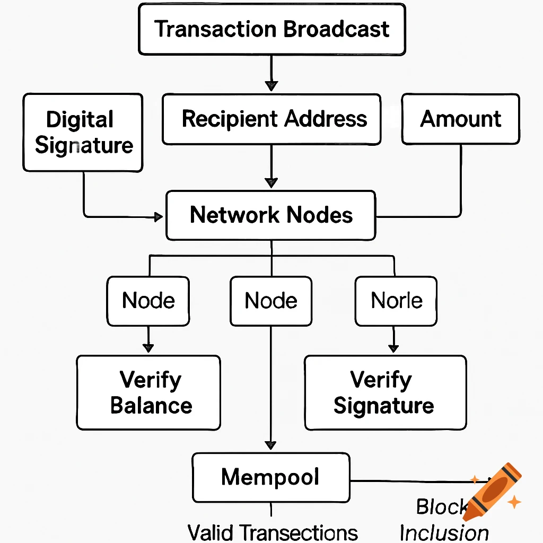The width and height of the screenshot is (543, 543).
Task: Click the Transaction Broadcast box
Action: pos(271,29)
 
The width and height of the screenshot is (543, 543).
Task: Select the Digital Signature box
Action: pos(83,133)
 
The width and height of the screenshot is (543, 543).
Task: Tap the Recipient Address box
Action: pos(271,119)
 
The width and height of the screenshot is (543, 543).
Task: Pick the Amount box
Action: pos(460,119)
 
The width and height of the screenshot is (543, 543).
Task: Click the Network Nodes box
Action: pos(271,215)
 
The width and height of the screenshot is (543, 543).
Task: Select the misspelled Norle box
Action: pos(396,301)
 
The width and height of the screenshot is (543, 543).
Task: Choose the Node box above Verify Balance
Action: pos(148,301)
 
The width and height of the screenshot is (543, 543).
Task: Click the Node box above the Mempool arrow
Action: pos(271,301)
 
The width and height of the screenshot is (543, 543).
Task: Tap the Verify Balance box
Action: pos(148,392)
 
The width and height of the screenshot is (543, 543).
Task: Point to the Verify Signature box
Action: pos(386,392)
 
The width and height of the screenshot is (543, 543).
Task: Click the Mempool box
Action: pos(271,477)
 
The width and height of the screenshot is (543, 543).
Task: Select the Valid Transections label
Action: pos(273,532)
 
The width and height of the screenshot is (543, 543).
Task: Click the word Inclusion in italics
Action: pos(444,532)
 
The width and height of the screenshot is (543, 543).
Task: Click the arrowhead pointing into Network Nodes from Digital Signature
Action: pos(158,216)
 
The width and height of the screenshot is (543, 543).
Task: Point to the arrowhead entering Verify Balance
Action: pos(148,348)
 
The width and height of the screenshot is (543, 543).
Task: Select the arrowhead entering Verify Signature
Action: pos(393,348)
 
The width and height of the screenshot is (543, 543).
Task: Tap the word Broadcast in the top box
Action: pos(337,29)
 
